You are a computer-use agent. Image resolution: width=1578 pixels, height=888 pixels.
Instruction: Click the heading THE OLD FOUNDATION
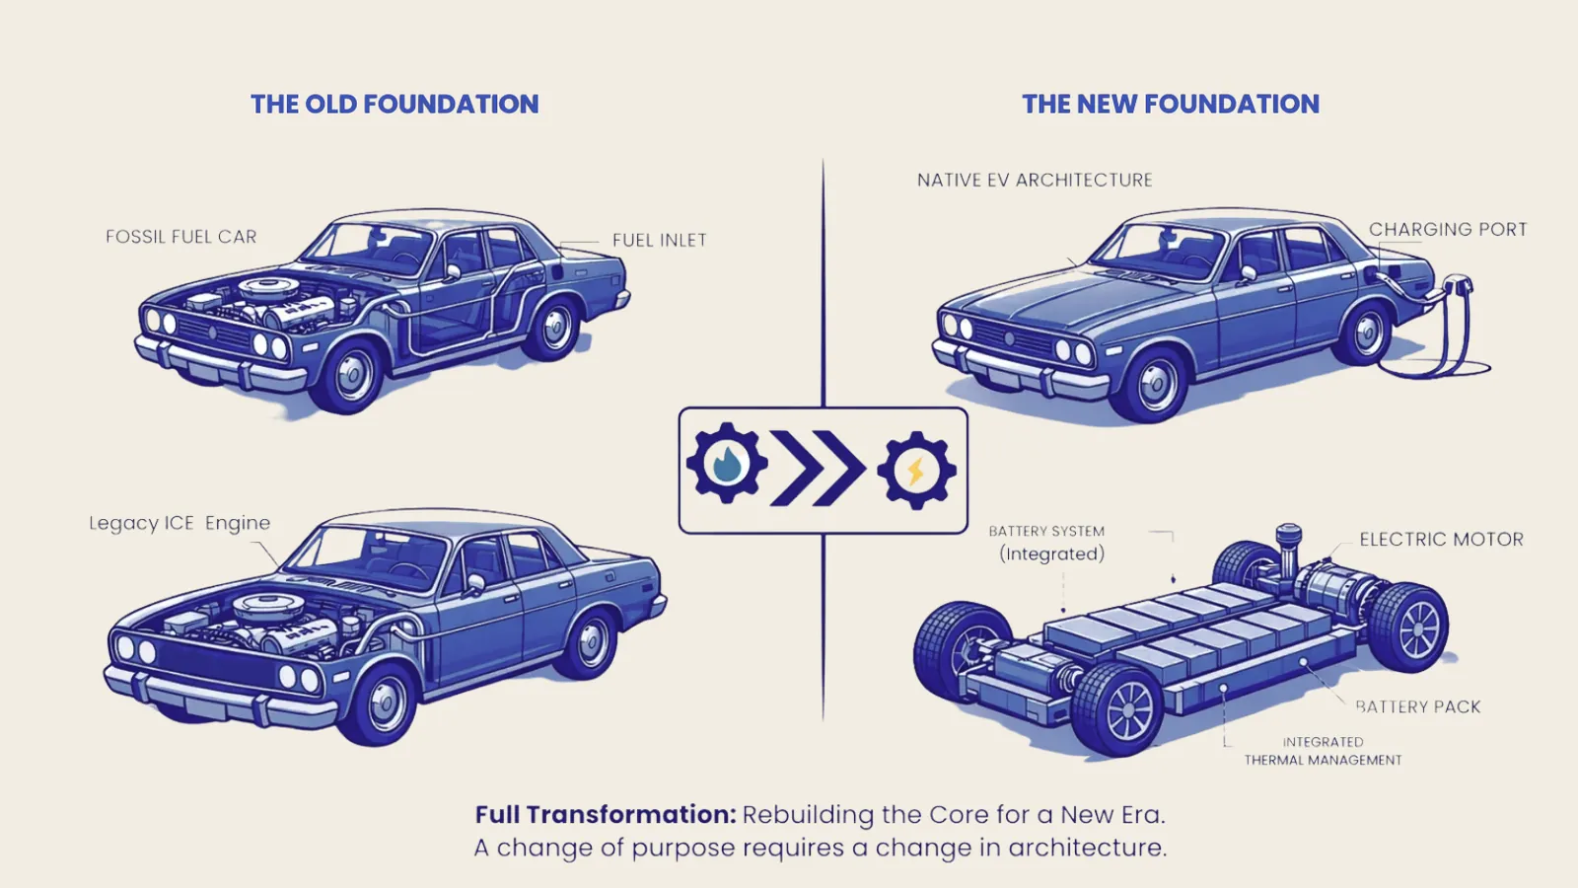click(x=394, y=105)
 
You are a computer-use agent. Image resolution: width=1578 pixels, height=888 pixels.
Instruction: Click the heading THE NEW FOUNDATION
click(x=1171, y=105)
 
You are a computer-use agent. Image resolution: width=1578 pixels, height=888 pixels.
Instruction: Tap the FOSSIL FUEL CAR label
click(x=181, y=237)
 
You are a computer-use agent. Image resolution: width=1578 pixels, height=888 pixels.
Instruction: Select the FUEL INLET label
click(x=660, y=241)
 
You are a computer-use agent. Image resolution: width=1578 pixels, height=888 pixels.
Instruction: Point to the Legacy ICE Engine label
click(x=179, y=524)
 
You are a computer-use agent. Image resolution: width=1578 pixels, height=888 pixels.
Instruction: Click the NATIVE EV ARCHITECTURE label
click(x=1035, y=181)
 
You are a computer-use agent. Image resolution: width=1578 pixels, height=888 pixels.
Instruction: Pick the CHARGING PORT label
click(x=1448, y=230)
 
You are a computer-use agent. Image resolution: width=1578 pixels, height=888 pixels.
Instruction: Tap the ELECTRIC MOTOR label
click(x=1441, y=540)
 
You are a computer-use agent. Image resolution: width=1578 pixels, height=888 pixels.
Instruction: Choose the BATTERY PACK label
click(x=1418, y=706)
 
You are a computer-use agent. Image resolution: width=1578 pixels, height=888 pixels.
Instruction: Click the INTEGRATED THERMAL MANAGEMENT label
click(x=1323, y=751)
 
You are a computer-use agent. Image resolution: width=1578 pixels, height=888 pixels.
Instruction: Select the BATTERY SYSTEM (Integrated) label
click(x=1047, y=544)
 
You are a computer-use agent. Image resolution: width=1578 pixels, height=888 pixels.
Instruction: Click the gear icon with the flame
click(x=727, y=463)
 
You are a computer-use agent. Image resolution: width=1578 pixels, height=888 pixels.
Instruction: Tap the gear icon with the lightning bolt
click(x=916, y=470)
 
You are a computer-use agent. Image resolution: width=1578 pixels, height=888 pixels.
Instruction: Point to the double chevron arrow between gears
click(x=818, y=468)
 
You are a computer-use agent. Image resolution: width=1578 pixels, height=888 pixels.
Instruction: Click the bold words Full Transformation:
click(x=606, y=815)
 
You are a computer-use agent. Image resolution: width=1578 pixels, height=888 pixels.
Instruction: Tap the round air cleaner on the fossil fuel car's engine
click(x=269, y=287)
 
